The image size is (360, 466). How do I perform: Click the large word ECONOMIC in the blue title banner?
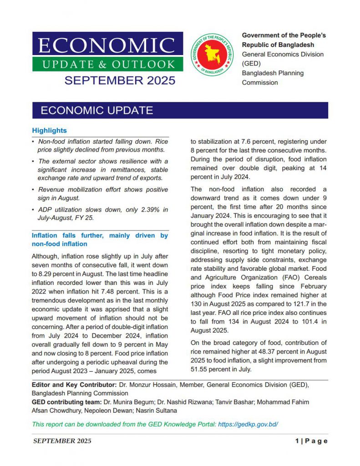(107, 45)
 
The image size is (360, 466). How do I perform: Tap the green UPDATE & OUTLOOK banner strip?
(108, 64)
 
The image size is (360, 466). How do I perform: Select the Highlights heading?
(49, 131)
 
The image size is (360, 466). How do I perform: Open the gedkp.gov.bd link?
(248, 424)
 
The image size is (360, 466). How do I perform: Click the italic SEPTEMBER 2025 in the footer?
(62, 441)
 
